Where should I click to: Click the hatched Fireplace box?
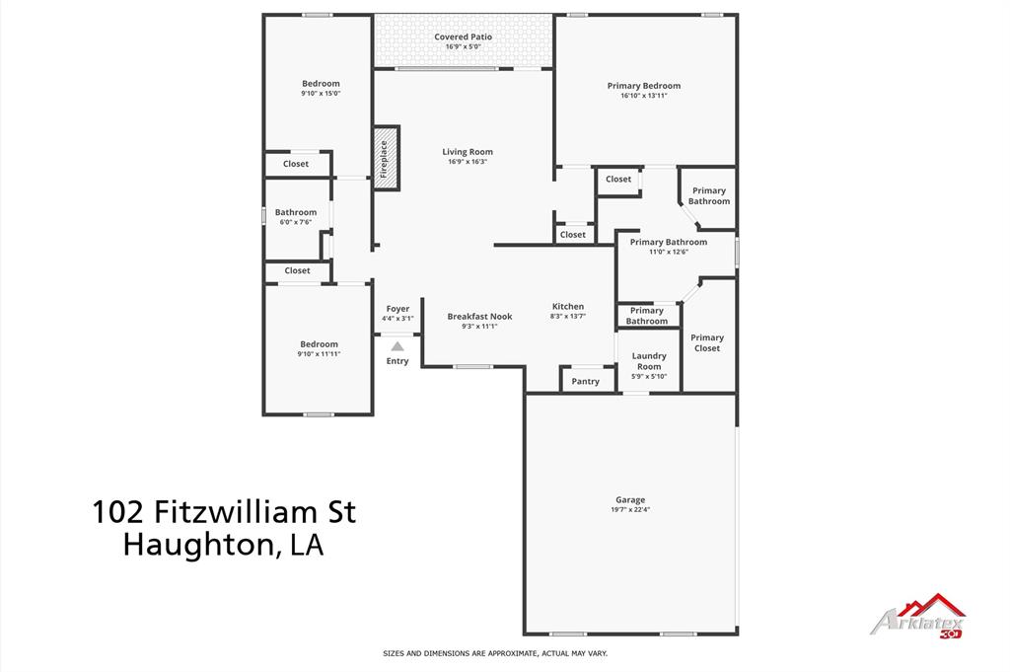385,157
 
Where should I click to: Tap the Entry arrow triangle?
397,346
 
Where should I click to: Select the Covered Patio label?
463,37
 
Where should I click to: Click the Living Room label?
468,152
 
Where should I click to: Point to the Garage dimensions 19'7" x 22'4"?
631,510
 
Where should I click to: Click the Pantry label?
586,381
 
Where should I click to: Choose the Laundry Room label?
649,361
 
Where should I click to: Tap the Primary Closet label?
707,342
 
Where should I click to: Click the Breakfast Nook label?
479,317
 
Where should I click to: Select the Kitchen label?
568,307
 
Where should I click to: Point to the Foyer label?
397,309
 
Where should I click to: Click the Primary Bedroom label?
644,86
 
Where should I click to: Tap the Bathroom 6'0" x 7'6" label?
296,212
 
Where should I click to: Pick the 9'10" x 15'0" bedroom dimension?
321,94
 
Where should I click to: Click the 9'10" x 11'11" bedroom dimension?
319,353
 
